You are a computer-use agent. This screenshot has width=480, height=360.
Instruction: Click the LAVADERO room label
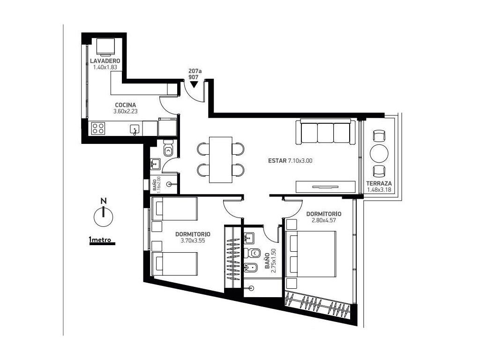[105, 61]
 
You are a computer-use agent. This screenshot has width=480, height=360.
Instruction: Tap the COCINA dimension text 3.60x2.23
[126, 112]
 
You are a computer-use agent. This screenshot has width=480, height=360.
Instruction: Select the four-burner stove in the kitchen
[98, 128]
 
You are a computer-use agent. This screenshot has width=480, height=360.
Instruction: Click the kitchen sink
[135, 129]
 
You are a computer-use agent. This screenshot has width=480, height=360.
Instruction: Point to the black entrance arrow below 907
[194, 84]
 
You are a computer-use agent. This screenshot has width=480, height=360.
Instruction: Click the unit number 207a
[194, 71]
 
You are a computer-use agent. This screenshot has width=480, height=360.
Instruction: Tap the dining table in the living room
[221, 160]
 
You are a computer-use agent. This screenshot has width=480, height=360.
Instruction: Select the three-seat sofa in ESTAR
[326, 132]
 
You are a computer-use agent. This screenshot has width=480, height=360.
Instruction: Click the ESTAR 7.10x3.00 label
[290, 161]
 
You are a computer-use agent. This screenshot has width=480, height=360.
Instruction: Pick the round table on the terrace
[379, 153]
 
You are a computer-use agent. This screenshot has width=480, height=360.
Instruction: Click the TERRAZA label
[379, 184]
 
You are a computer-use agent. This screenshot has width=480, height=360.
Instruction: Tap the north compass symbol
[104, 213]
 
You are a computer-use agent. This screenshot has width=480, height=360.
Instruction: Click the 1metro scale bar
[102, 241]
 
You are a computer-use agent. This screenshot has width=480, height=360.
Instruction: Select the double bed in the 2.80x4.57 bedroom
[310, 255]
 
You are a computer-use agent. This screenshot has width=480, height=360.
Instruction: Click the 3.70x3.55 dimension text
[193, 240]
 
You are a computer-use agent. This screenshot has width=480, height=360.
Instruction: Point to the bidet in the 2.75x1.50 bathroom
[248, 268]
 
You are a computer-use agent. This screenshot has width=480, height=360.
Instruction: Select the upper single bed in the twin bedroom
[174, 209]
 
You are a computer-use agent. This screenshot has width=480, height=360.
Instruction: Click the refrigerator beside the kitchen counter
[168, 127]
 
